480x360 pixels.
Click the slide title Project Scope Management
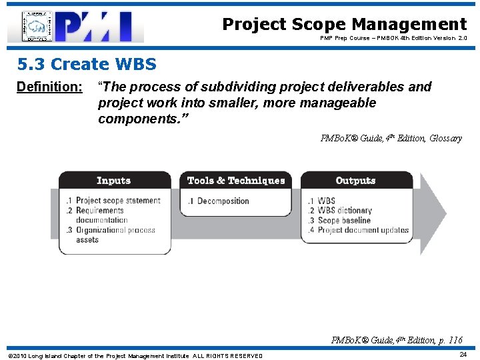pyautogui.click(x=344, y=25)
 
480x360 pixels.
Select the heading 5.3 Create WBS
pyautogui.click(x=87, y=64)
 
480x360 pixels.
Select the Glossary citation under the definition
pyautogui.click(x=391, y=139)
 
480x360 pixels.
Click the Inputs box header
pyautogui.click(x=114, y=181)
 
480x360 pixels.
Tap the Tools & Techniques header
pyautogui.click(x=236, y=181)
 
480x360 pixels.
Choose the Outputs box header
pyautogui.click(x=355, y=181)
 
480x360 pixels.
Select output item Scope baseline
pyautogui.click(x=343, y=220)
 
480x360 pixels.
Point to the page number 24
pyautogui.click(x=463, y=355)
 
